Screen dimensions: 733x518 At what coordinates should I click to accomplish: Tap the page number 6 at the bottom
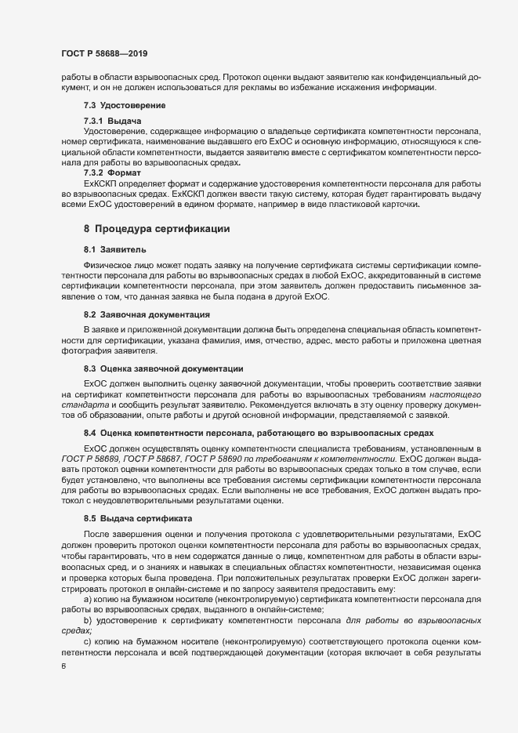pos(53,669)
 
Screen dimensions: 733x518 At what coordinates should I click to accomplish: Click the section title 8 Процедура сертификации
pos(156,229)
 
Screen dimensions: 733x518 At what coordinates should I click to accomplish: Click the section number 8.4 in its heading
pos(90,433)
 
